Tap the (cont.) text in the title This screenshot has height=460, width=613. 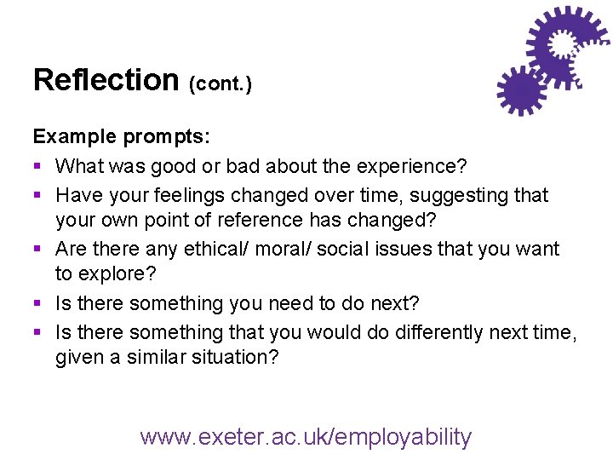pos(220,84)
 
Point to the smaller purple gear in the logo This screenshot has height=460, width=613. pos(520,89)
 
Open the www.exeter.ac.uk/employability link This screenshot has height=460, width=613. pos(306,437)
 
